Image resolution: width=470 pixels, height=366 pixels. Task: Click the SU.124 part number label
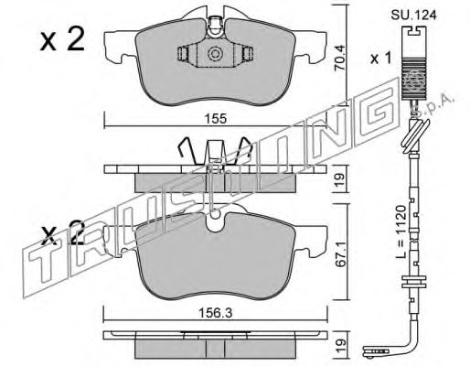pos(414,15)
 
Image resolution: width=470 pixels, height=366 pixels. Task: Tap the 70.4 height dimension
pos(339,58)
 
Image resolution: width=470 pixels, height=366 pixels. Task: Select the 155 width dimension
pos(216,119)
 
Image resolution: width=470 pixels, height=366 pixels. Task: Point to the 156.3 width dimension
pos(216,313)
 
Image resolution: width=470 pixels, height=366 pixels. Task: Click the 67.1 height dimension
pos(341,254)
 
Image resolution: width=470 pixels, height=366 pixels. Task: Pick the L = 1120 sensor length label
pos(402,231)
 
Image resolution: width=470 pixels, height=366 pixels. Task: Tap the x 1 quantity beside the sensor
pos(380,58)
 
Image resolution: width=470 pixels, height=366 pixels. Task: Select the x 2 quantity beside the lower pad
pos(63,232)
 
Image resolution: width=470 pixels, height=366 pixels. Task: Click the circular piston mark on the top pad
pos(215,54)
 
